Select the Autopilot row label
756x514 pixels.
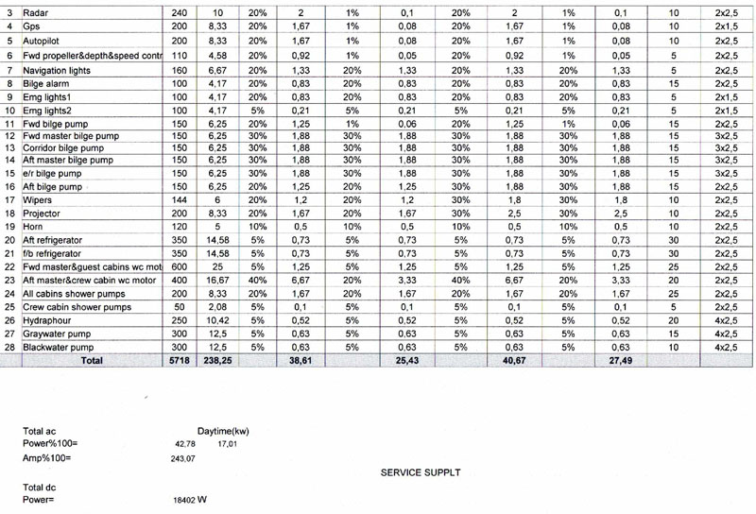coord(42,43)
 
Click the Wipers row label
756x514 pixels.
coord(39,201)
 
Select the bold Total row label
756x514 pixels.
coord(92,360)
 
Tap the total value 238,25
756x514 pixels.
coord(217,360)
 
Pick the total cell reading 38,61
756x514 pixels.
coord(299,360)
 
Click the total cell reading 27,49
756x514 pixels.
coord(619,360)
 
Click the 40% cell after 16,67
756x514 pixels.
coord(257,281)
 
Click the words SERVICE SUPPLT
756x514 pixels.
coord(421,471)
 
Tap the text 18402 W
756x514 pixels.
coord(189,500)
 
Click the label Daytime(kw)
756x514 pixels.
coord(223,431)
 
